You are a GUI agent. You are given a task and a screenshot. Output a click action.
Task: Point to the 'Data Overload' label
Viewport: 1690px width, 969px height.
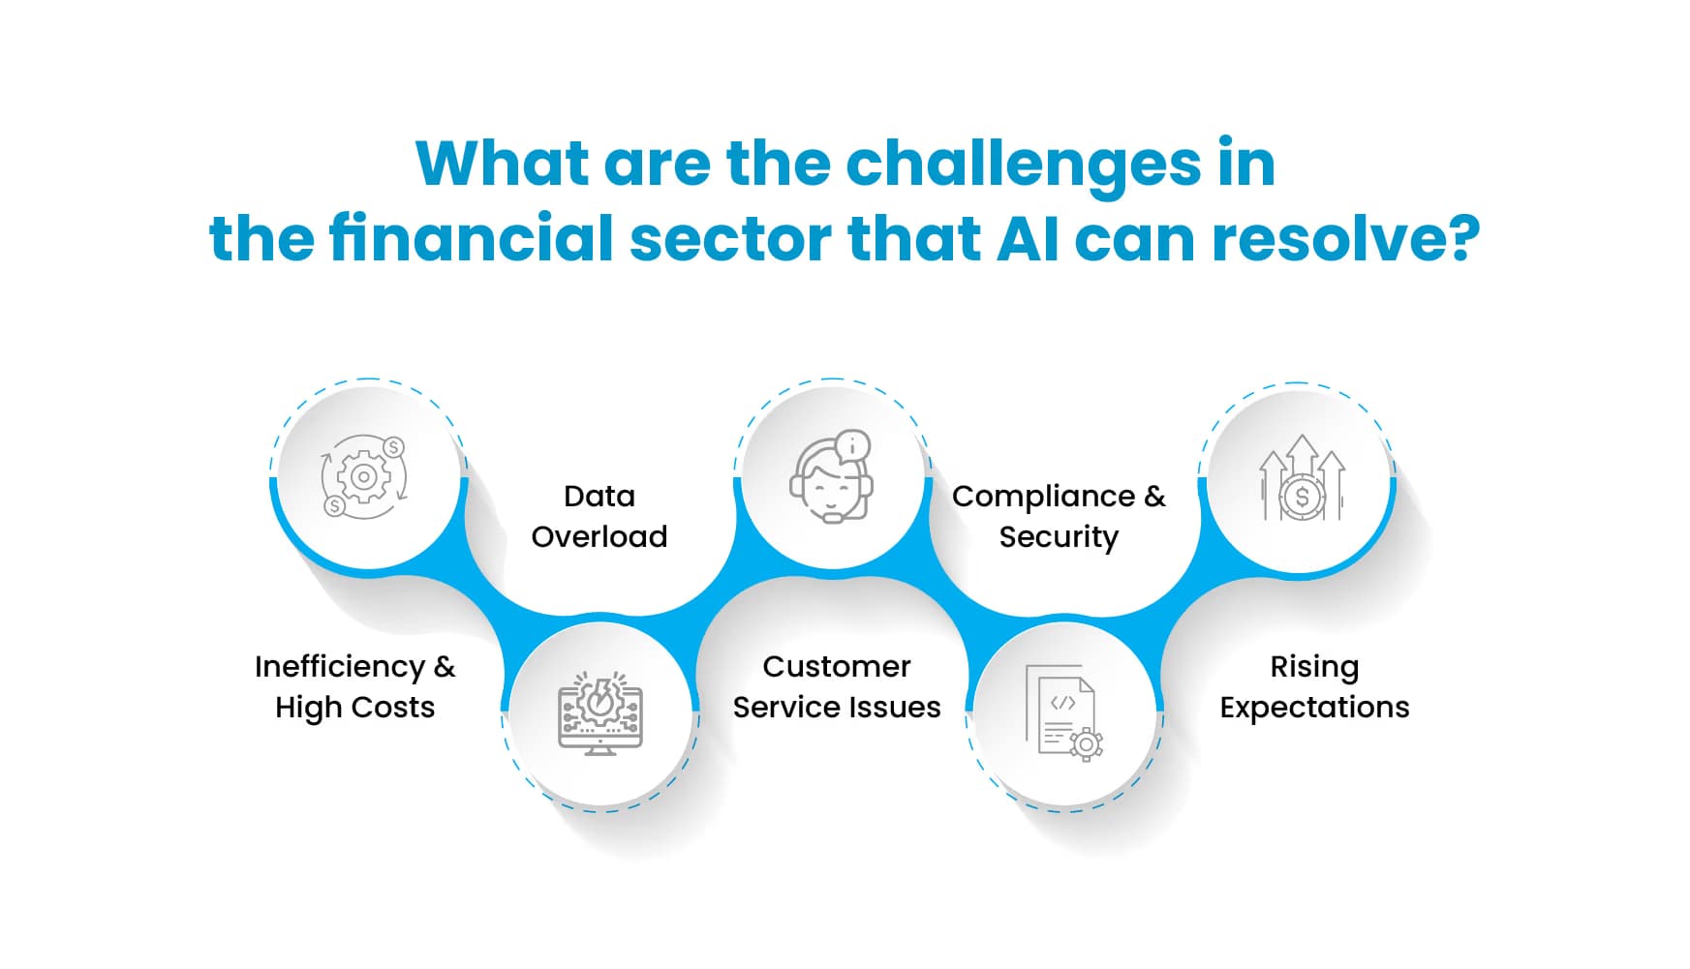coord(599,516)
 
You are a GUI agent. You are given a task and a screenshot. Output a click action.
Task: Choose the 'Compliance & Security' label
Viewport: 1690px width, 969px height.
coord(1059,516)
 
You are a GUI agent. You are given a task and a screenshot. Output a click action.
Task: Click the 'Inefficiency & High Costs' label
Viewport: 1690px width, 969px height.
coord(354,686)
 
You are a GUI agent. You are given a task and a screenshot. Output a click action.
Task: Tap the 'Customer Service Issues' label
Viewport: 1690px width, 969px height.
coord(837,686)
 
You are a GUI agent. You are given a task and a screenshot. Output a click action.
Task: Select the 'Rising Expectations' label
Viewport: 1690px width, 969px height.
coord(1314,686)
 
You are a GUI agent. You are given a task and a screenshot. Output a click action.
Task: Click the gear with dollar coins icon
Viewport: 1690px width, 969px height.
coord(364,476)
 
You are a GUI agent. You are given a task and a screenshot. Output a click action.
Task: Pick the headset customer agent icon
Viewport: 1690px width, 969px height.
coord(831,478)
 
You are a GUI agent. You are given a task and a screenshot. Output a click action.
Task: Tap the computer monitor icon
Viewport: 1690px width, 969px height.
coord(600,714)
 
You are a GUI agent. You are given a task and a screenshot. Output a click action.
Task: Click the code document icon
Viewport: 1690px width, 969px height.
coord(1063,712)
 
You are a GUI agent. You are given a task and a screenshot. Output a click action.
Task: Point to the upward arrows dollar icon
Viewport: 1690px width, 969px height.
coord(1302,478)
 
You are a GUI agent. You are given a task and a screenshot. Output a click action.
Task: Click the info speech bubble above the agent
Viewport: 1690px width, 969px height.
coord(851,446)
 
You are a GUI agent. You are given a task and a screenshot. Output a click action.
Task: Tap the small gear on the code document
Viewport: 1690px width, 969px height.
coord(1086,744)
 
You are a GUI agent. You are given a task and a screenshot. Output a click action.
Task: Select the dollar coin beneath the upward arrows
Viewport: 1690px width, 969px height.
coord(1302,499)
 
